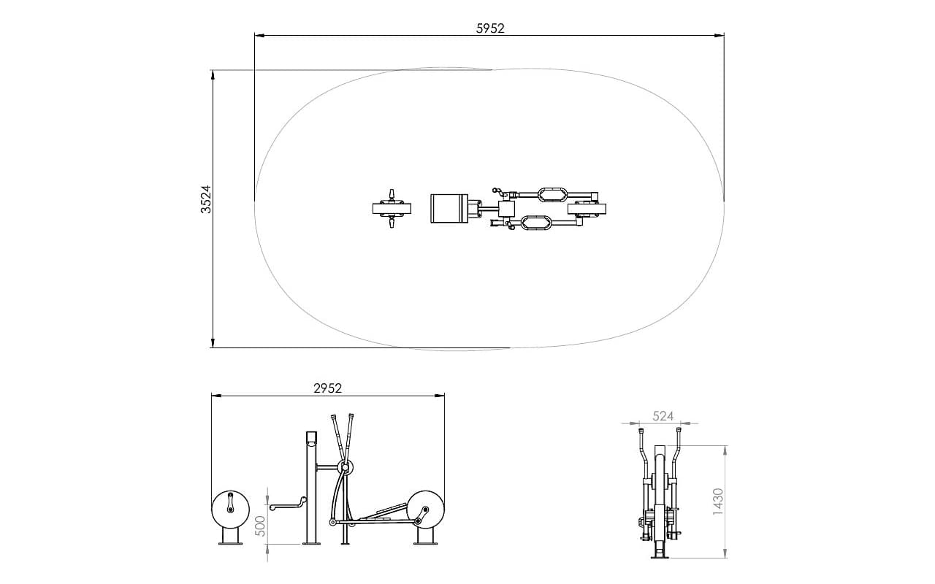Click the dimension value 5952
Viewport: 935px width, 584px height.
point(490,28)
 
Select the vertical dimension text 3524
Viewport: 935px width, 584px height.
point(206,199)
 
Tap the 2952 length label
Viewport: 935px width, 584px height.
point(328,389)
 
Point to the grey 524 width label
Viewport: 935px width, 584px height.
point(663,416)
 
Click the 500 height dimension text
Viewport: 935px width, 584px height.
point(259,526)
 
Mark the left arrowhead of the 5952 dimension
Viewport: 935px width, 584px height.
point(259,36)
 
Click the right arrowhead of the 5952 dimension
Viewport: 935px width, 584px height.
point(720,36)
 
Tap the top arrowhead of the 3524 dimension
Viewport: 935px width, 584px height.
point(213,75)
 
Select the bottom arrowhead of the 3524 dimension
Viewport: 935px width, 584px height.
point(213,342)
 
